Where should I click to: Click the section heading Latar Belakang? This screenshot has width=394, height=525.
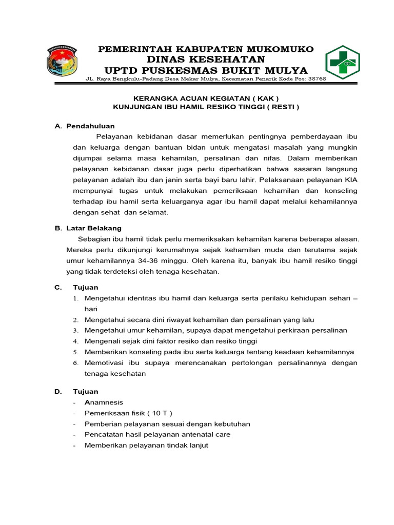coord(94,228)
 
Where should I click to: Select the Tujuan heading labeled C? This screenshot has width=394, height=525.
coord(85,287)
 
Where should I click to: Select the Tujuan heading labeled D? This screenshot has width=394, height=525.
coord(85,392)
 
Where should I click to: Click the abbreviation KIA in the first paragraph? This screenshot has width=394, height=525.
coord(350,180)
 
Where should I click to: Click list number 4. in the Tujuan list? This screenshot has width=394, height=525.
coord(75,341)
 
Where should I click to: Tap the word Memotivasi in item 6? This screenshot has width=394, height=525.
coord(105,363)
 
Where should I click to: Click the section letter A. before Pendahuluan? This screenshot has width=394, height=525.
coord(58,126)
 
